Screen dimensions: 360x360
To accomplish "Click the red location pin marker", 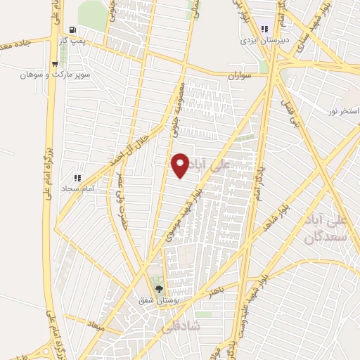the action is (181, 165).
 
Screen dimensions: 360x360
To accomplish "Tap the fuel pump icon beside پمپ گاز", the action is (72, 30).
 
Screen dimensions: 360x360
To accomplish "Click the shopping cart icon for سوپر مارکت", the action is (53, 63).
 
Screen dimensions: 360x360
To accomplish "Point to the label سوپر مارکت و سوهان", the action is (45, 73).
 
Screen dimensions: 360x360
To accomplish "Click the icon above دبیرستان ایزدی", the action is (264, 30).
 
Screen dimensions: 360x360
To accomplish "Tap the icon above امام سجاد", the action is (78, 179).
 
